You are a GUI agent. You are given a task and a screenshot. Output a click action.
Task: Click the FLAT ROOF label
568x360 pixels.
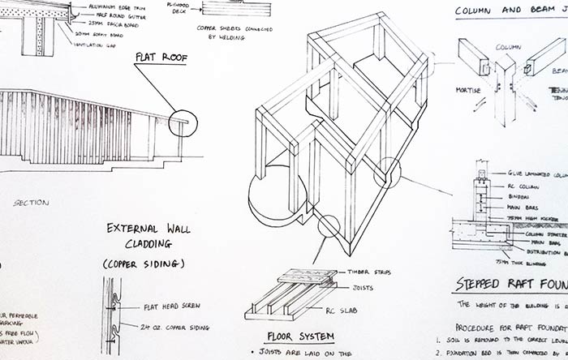pos(161,58)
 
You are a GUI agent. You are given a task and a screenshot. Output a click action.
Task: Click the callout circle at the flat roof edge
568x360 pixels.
pos(183,122)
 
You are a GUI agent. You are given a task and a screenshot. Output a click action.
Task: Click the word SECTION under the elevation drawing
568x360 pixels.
pos(31,202)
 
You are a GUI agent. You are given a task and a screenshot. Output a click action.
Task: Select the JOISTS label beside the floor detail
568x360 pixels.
pos(362,285)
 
